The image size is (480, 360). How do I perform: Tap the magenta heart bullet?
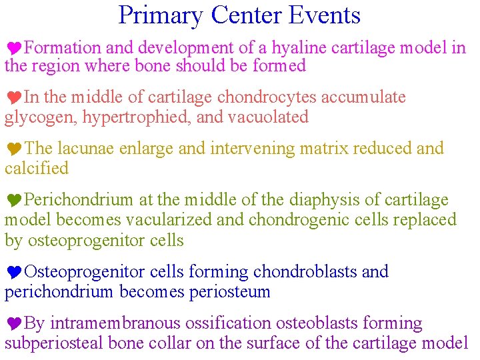[x=14, y=49]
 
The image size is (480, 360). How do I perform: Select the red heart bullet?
[x=14, y=98]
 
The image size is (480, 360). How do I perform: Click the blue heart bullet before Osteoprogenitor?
[x=14, y=273]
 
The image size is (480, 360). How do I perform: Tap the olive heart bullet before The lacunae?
[x=14, y=149]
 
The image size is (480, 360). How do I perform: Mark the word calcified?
[x=37, y=168]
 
